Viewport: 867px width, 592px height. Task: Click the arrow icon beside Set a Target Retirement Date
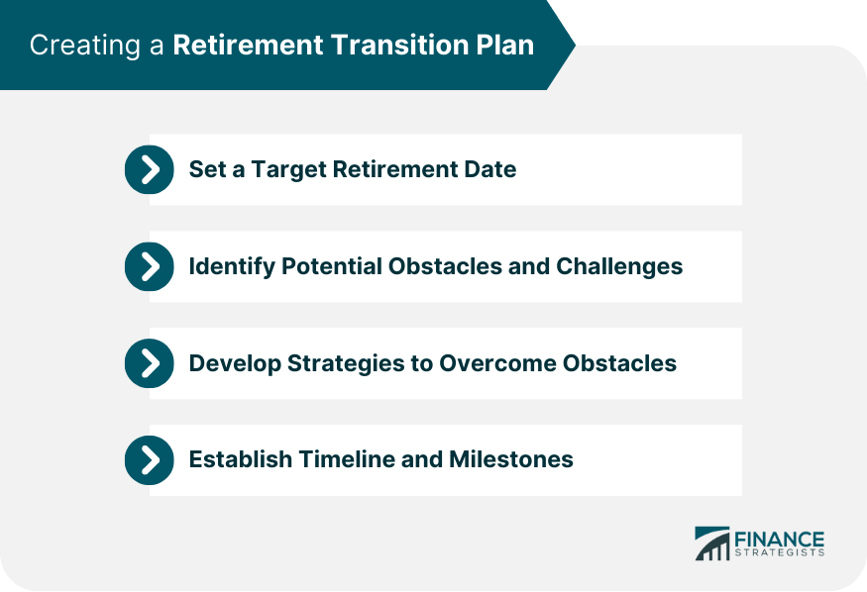[149, 169]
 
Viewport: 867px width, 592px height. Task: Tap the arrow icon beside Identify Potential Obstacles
[149, 266]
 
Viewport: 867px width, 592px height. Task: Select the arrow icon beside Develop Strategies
[149, 363]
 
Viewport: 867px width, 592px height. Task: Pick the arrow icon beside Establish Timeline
[149, 460]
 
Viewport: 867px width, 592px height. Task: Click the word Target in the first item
[282, 169]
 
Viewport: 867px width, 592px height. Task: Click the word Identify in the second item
[228, 266]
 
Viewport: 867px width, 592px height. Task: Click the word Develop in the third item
[230, 363]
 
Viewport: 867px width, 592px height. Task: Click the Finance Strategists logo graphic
[711, 543]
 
